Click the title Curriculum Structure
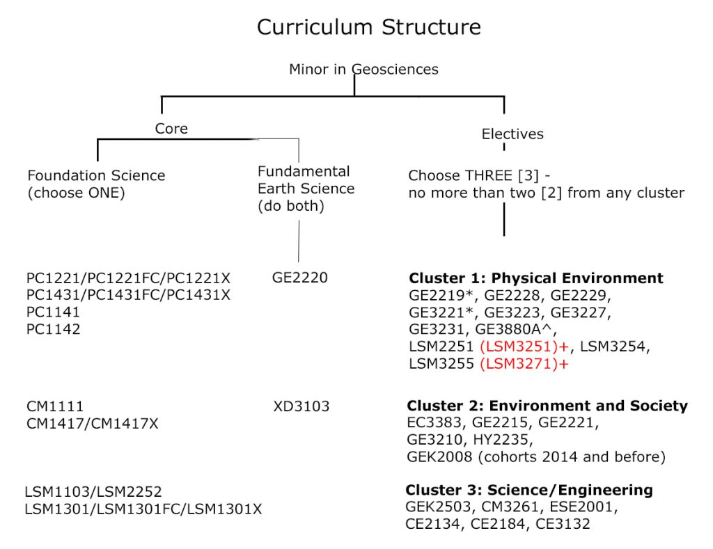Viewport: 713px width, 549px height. pyautogui.click(x=368, y=27)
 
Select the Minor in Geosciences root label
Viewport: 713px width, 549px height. pyautogui.click(x=363, y=69)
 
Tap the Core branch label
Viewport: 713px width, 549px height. pyautogui.click(x=171, y=129)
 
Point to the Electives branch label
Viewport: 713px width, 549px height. pyautogui.click(x=512, y=134)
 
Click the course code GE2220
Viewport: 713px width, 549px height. pyautogui.click(x=299, y=278)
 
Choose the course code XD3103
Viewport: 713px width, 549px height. pyautogui.click(x=301, y=406)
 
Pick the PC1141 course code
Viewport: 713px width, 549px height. pyautogui.click(x=53, y=312)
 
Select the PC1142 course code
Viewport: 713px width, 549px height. pyautogui.click(x=53, y=329)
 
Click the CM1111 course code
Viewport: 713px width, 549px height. pyautogui.click(x=55, y=406)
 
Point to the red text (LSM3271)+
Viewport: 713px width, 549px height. pyautogui.click(x=520, y=363)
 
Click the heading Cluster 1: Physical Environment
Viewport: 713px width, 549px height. pyautogui.click(x=536, y=278)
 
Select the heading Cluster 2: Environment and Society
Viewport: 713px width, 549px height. pyautogui.click(x=547, y=406)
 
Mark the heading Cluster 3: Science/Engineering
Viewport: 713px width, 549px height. pyautogui.click(x=529, y=490)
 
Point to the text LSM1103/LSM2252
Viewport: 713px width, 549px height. pyautogui.click(x=93, y=492)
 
